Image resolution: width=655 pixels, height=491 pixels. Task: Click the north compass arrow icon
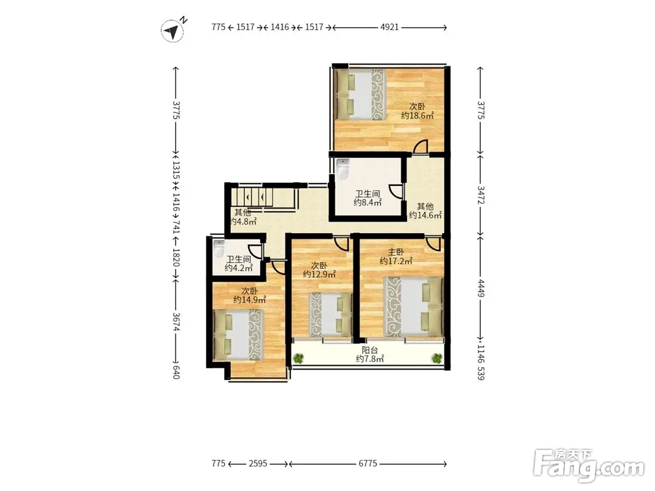[172, 31]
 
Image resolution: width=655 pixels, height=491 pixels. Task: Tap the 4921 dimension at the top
[389, 27]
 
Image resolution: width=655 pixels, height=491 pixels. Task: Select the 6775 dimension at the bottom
[368, 463]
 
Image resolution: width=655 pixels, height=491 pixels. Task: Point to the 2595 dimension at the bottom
[258, 463]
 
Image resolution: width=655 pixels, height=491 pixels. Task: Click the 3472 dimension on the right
[481, 195]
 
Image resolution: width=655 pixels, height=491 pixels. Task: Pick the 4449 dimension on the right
[481, 288]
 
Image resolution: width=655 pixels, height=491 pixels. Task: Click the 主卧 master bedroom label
[396, 252]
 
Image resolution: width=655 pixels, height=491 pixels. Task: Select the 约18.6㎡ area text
[417, 115]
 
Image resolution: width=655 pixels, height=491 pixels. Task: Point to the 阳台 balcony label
[370, 350]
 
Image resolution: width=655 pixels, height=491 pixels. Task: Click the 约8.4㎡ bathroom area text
[368, 203]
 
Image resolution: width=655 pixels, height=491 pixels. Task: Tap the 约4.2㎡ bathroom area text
[239, 268]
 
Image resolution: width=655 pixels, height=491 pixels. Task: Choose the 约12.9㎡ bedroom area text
[320, 274]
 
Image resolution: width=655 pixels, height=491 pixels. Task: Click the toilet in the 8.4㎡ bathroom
[343, 169]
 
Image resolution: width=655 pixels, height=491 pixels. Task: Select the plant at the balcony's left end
[298, 358]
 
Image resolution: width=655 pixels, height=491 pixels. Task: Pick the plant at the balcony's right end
[437, 358]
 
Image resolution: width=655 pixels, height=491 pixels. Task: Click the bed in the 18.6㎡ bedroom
[361, 95]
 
